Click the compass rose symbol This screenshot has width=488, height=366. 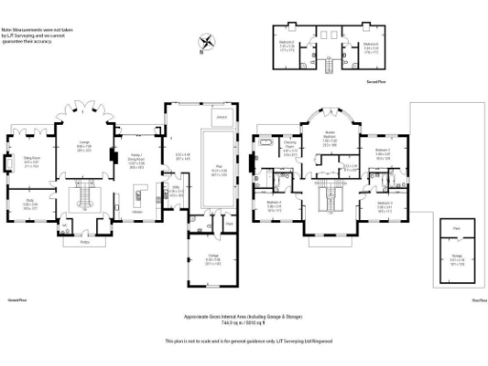pos(207,42)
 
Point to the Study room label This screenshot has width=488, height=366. pos(30,202)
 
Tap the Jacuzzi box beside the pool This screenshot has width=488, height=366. pos(221,117)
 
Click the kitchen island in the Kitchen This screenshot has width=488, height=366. pos(140,199)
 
